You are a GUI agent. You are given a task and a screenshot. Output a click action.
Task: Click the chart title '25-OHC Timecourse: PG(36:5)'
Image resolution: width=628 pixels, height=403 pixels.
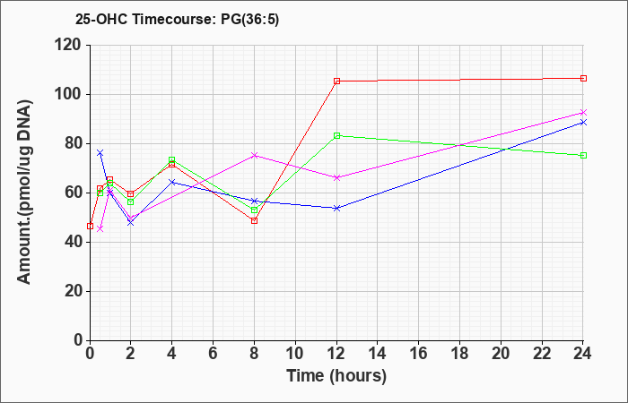(177, 20)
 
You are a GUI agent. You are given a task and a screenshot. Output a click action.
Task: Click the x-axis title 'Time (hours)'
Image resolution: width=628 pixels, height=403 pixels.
(336, 376)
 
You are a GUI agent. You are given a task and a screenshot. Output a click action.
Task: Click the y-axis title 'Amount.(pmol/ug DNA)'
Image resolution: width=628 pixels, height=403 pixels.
(25, 192)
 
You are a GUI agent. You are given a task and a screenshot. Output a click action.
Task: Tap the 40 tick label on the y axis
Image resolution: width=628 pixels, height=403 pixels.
(71, 243)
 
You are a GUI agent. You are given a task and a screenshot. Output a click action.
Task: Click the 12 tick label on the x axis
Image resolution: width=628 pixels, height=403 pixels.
(336, 354)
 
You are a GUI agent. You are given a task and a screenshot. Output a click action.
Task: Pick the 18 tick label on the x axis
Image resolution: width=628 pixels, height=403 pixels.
(459, 354)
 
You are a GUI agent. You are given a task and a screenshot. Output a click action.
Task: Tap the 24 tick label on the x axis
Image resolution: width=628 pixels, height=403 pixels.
(583, 354)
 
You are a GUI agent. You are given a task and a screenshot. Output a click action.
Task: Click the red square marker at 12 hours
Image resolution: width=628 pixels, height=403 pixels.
(336, 81)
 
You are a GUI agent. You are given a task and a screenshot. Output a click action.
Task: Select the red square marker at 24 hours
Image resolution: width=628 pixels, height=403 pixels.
(583, 79)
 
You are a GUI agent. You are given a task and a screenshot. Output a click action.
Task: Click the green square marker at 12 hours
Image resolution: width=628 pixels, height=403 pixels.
(336, 136)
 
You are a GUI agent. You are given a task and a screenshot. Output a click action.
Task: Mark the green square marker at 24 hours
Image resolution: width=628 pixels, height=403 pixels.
(583, 156)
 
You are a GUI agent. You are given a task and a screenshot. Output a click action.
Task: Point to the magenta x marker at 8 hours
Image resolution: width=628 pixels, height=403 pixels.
(254, 155)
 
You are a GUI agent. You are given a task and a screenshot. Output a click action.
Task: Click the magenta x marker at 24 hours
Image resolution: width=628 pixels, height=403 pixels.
(583, 112)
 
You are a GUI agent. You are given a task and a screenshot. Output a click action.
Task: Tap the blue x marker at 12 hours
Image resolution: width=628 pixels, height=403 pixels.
(336, 209)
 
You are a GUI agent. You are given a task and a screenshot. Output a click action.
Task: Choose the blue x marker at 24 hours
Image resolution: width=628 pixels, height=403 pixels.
(583, 123)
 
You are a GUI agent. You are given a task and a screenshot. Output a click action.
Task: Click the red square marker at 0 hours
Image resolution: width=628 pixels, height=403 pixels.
(90, 227)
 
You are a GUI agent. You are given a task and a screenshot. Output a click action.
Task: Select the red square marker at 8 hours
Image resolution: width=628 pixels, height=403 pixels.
(254, 220)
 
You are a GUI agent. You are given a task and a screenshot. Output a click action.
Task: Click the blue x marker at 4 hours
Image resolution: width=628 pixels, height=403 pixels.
(172, 183)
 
